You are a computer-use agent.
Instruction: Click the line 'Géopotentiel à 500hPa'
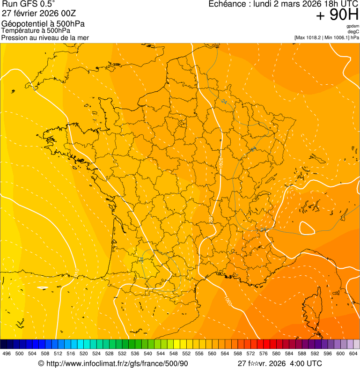click(x=43, y=24)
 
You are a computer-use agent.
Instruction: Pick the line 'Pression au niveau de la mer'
click(x=45, y=37)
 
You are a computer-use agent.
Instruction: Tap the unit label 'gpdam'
click(x=353, y=26)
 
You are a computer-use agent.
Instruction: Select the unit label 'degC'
click(x=353, y=31)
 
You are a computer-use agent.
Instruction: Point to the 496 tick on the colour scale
click(x=7, y=354)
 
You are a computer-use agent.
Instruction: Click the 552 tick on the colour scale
click(x=186, y=354)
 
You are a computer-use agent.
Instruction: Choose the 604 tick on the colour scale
click(x=353, y=354)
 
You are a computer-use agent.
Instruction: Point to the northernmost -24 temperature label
click(x=224, y=102)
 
